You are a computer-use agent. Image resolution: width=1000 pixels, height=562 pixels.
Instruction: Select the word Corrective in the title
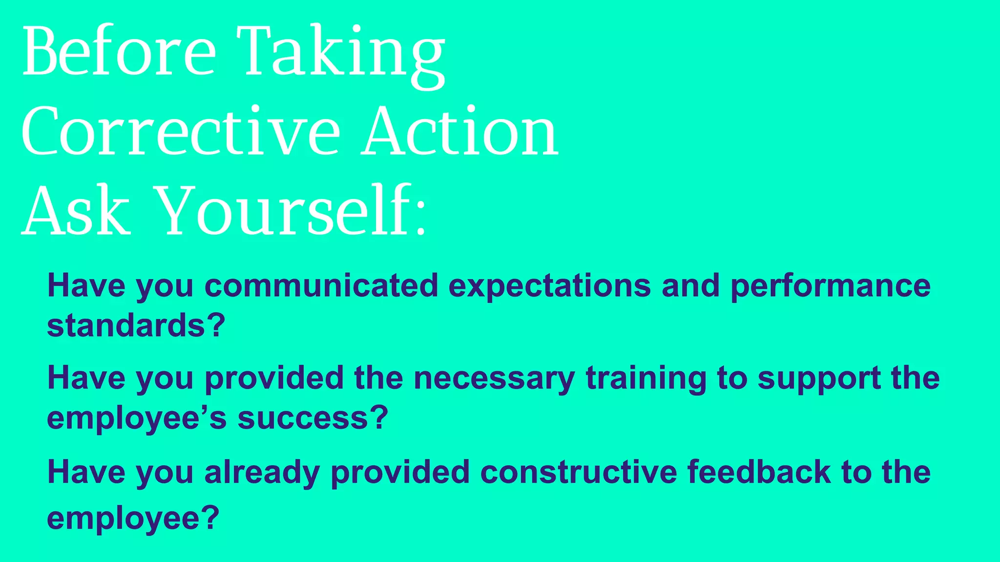(180, 132)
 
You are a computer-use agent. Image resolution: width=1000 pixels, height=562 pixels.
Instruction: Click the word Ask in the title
(76, 212)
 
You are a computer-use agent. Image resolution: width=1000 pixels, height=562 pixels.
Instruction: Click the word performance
(830, 286)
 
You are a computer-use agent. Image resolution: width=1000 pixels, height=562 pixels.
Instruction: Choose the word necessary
(494, 379)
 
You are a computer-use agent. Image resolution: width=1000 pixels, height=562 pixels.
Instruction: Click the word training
(646, 380)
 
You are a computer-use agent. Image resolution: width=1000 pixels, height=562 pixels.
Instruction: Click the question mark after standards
(215, 325)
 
